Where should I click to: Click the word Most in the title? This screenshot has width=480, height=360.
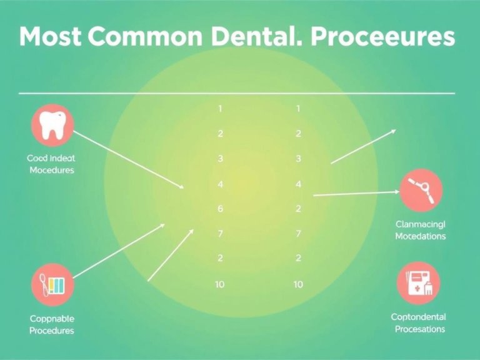coord(50,37)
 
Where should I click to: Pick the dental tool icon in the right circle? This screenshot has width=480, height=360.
coord(420,191)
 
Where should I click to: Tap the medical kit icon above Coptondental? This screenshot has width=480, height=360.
coord(418,283)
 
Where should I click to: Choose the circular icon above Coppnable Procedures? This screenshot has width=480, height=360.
coord(52,285)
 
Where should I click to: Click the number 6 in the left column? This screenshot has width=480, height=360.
coord(220,209)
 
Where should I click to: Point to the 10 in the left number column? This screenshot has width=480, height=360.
coord(220,284)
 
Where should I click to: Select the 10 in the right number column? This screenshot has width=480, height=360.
coord(298,284)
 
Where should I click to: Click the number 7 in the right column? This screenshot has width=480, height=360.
coord(298,234)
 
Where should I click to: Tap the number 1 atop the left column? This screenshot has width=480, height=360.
coord(220,109)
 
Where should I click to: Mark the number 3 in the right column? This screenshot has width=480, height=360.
coord(298,159)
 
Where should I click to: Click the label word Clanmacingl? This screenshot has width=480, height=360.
coord(420,224)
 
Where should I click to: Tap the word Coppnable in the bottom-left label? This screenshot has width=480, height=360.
coord(51,318)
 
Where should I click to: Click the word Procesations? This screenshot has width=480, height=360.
coord(419,329)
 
